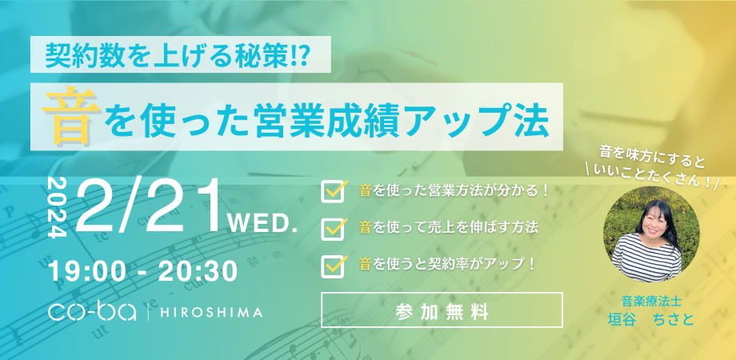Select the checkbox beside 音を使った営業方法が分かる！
pyautogui.click(x=331, y=191)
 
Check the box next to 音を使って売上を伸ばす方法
pyautogui.click(x=331, y=228)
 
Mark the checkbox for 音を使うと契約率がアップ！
pyautogui.click(x=331, y=265)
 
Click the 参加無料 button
pyautogui.click(x=442, y=310)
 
